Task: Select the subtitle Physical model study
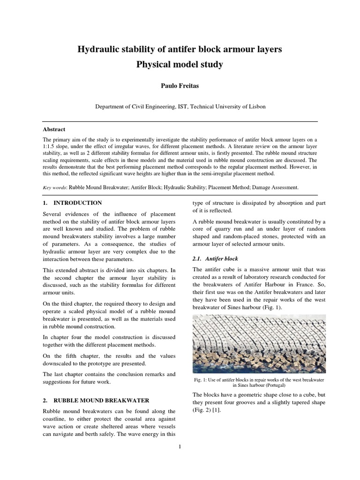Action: coord(180,65)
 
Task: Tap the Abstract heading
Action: coord(54,129)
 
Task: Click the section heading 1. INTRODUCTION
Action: coord(72,203)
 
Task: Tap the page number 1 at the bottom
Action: coord(180,446)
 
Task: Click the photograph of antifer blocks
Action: coord(259,344)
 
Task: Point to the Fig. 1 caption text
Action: coord(259,382)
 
